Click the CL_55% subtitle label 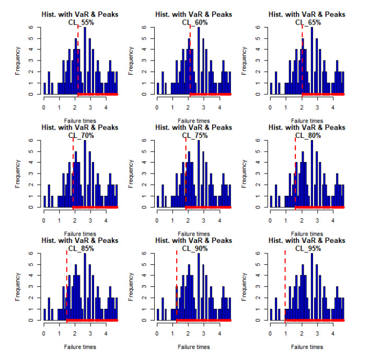(x=80, y=22)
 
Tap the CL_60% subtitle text (x=194, y=22)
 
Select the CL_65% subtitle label (x=307, y=22)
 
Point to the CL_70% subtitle (x=80, y=135)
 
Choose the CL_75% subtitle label (x=194, y=135)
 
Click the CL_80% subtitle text (x=307, y=135)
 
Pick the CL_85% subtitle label (x=80, y=248)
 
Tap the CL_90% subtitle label (x=194, y=248)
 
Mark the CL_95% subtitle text (x=307, y=248)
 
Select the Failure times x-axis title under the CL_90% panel (x=194, y=346)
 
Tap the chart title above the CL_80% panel (x=307, y=127)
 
